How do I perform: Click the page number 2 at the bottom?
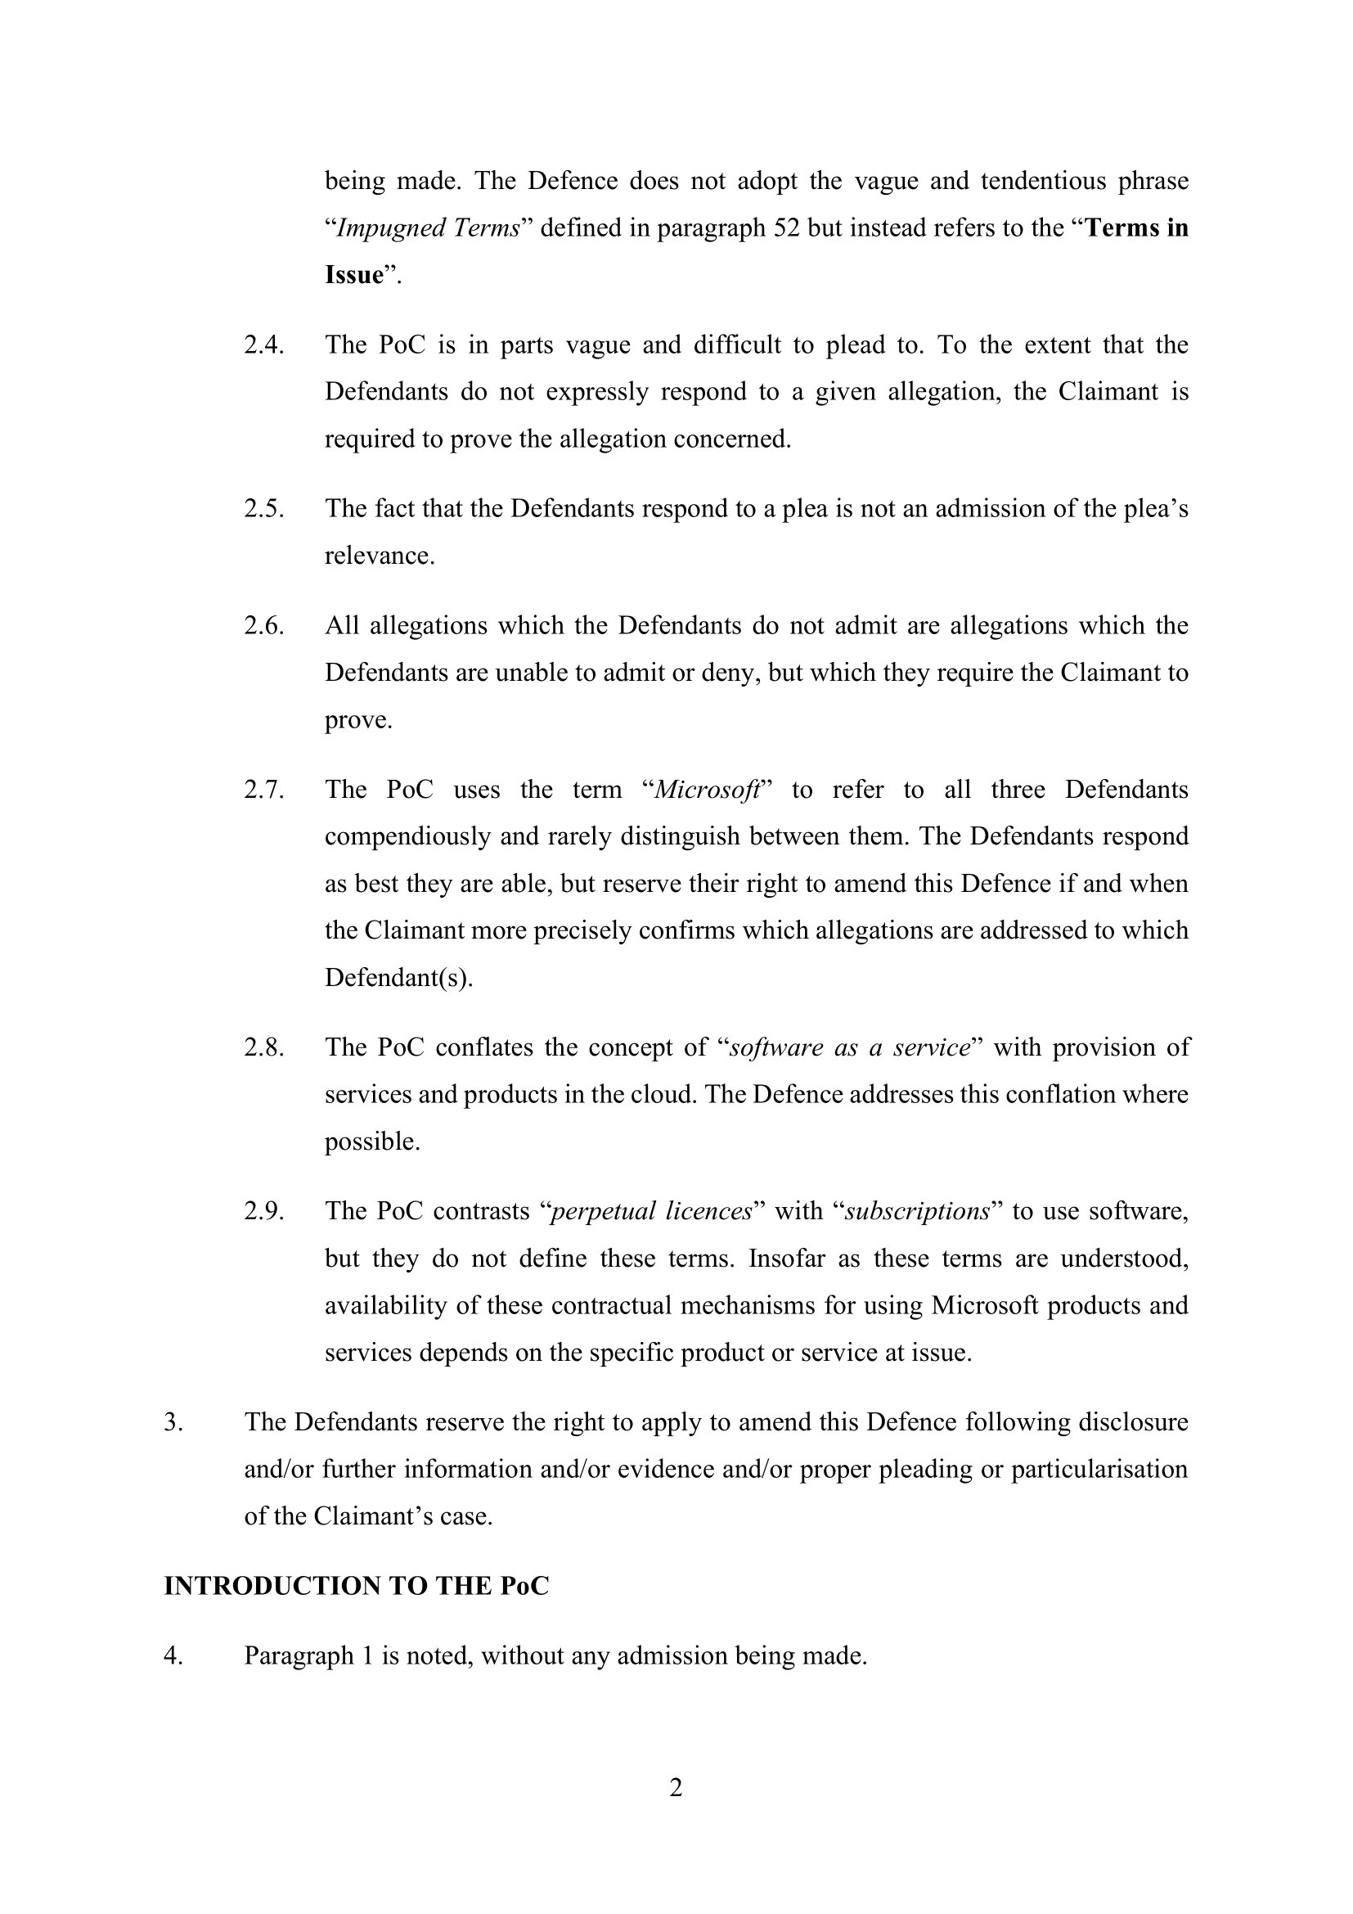tap(676, 1788)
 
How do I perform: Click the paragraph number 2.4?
tap(264, 345)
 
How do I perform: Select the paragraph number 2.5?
tap(264, 508)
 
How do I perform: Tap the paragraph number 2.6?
tap(264, 625)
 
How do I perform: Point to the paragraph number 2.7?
tap(264, 790)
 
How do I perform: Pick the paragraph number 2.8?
tap(264, 1047)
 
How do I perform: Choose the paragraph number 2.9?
tap(264, 1210)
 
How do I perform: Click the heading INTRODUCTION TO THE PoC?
tap(357, 1586)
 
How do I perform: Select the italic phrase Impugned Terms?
tap(428, 228)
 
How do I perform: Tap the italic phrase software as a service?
tap(850, 1047)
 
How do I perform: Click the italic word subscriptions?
tap(917, 1210)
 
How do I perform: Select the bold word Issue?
tap(354, 275)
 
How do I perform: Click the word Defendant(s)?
tap(398, 977)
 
